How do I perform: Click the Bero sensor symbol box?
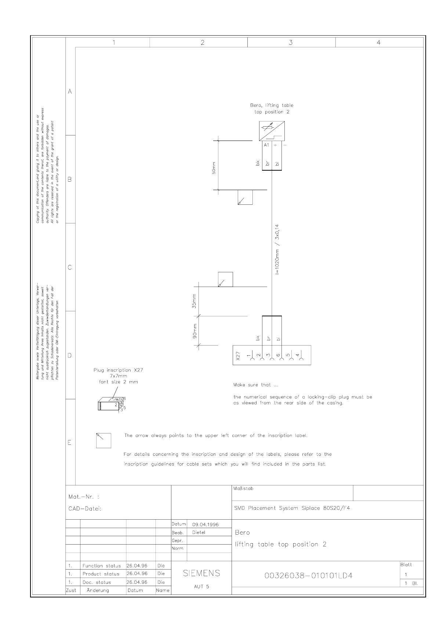point(272,131)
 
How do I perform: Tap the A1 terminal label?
point(266,145)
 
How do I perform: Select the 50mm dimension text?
point(214,168)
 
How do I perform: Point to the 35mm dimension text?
point(194,301)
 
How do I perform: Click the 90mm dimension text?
point(195,331)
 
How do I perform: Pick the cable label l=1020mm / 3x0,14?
point(277,250)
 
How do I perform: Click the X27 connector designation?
point(238,356)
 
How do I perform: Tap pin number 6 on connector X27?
point(278,355)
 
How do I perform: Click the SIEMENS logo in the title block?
point(201,573)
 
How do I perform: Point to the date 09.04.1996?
point(205,524)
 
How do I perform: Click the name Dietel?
point(199,532)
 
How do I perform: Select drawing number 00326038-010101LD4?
point(309,576)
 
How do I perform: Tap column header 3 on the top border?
point(291,43)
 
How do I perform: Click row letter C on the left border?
point(70,267)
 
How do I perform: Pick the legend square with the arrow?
point(103,441)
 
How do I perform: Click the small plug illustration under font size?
point(111,404)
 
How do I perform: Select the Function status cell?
point(102,566)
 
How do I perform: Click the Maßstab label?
point(243,488)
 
